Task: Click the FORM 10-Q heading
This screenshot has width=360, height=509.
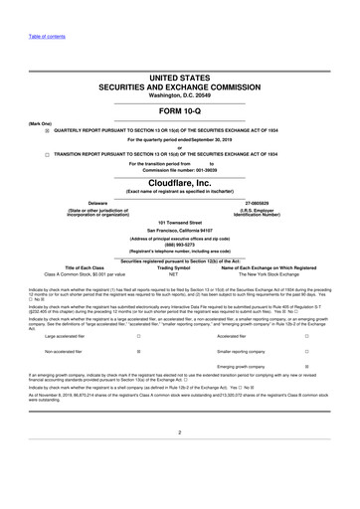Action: [x=179, y=110]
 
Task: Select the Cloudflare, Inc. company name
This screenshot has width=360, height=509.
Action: [x=179, y=183]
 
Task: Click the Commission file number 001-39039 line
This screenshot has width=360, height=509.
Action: [x=179, y=170]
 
